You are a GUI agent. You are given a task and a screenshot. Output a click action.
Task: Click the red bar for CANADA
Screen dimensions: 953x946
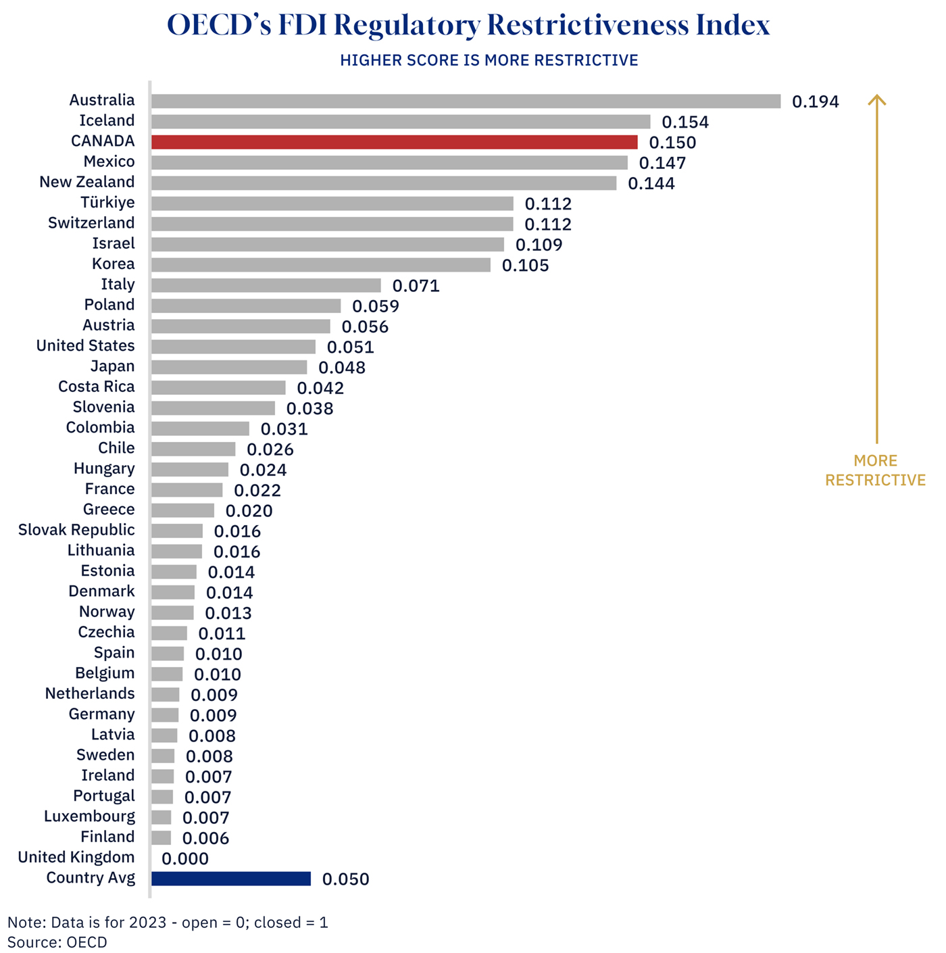pos(394,142)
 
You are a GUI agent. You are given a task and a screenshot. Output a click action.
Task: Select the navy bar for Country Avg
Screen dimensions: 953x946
pos(231,879)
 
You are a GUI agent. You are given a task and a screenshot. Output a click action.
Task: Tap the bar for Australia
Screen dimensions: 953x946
pos(466,101)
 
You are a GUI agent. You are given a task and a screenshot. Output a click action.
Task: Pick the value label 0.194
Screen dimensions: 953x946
pos(816,102)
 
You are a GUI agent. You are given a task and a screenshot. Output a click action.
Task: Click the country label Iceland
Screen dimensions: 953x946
pos(107,121)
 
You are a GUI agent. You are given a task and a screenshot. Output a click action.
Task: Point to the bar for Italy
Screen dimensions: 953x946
pos(266,285)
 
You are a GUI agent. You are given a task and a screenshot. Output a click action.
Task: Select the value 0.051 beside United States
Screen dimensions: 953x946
pos(351,347)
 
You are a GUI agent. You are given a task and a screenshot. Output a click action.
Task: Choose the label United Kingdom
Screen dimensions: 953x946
pos(76,858)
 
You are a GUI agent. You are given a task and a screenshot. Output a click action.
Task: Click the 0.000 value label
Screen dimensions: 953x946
pos(185,859)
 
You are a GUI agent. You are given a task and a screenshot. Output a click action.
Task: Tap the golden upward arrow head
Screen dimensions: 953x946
pos(876,100)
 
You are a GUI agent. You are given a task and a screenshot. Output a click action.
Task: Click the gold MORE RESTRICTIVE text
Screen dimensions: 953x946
pos(875,470)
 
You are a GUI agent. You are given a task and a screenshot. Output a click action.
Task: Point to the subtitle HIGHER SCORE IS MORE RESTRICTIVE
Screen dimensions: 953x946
pos(489,61)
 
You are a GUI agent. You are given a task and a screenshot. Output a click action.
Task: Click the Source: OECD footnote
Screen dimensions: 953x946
pos(57,942)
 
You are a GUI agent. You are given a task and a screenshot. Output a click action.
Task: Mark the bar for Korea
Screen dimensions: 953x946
pos(321,265)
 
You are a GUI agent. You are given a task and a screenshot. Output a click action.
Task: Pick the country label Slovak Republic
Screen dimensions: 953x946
pos(76,531)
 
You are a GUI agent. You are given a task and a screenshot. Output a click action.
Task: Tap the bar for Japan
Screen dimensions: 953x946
pos(229,367)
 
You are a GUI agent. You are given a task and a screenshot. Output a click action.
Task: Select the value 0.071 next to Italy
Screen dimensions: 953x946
pos(416,286)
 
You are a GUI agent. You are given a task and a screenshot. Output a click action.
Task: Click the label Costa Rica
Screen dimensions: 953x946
pos(97,387)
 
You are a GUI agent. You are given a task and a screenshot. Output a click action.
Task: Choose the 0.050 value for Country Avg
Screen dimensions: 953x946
pos(346,879)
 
